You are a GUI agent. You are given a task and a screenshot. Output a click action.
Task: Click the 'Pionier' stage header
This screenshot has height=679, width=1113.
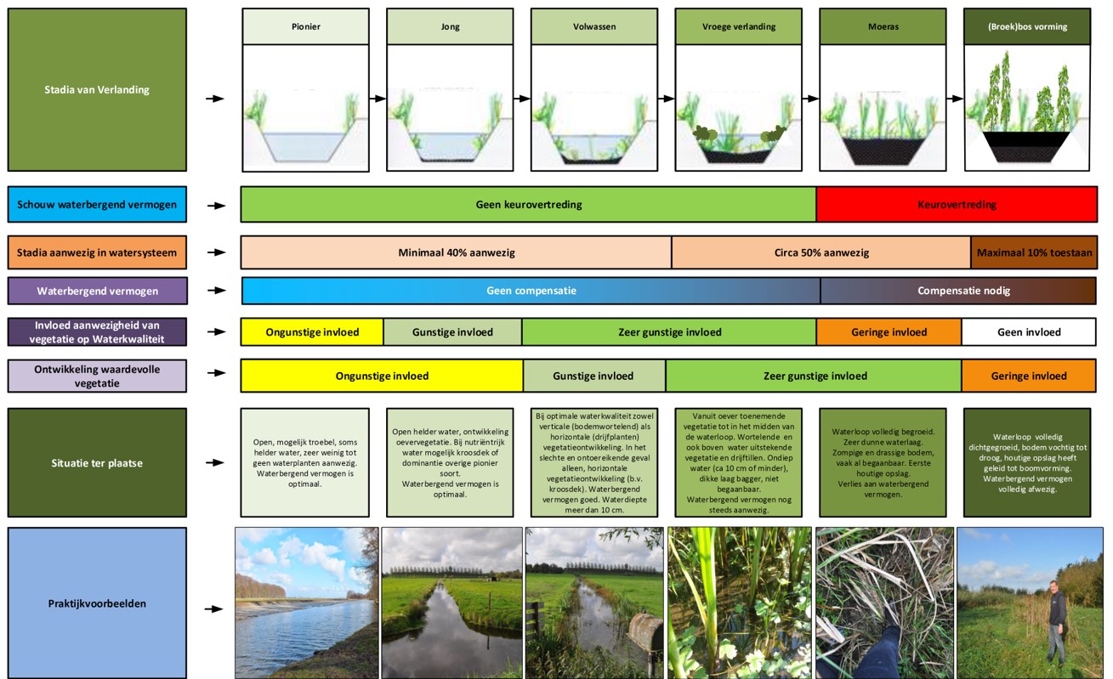(x=305, y=26)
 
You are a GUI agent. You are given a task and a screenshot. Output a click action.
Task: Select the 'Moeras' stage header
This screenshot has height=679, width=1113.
(x=883, y=26)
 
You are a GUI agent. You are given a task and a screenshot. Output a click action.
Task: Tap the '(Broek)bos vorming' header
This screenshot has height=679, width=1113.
(x=1027, y=26)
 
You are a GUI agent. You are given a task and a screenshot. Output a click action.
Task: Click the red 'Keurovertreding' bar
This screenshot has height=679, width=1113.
(x=957, y=204)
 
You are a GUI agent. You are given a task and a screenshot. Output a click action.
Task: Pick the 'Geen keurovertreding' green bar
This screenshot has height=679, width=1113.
(x=528, y=204)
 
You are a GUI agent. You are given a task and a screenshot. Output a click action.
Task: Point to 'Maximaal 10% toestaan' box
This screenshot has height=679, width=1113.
(x=1034, y=252)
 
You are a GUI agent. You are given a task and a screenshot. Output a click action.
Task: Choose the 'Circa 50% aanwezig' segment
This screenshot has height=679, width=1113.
(x=821, y=252)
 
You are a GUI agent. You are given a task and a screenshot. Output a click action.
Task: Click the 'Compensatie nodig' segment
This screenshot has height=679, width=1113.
(x=958, y=291)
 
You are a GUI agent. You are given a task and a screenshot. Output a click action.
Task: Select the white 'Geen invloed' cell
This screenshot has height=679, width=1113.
(x=1029, y=331)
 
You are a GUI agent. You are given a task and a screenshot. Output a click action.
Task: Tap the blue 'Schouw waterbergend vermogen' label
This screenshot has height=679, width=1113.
(x=97, y=204)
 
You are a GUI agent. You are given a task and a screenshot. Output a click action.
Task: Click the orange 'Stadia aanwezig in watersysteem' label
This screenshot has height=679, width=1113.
(x=97, y=252)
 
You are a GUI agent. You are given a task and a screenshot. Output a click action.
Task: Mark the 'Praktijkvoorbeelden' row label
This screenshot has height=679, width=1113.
(x=97, y=603)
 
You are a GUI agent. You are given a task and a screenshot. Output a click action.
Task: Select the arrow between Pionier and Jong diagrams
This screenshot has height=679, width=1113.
(x=378, y=99)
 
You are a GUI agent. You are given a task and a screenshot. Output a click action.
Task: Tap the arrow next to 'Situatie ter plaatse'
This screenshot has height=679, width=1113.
(x=215, y=462)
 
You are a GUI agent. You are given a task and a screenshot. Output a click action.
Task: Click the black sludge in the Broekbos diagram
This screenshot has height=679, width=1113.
(x=1026, y=146)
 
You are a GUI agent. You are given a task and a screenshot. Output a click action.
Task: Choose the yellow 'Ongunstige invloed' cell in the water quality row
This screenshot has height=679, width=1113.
(x=312, y=331)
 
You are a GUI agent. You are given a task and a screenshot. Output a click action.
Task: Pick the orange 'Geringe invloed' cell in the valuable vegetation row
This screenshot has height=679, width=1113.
(x=1029, y=376)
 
